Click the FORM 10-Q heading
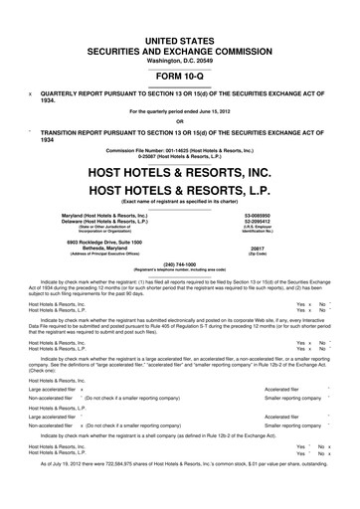pyautogui.click(x=179, y=75)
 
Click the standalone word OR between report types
pyautogui.click(x=179, y=122)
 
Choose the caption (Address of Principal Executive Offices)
pyautogui.click(x=96, y=284)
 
